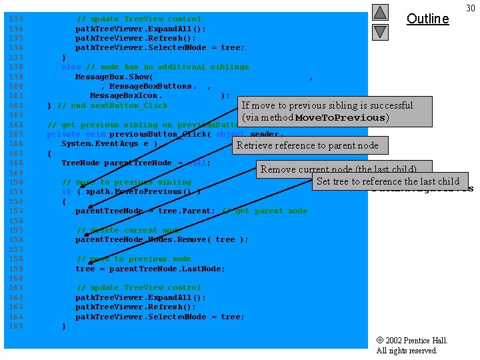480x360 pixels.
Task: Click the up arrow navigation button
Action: point(379,12)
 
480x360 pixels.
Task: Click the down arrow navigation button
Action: point(379,31)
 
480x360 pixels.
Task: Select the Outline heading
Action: point(427,19)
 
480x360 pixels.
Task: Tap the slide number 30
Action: point(470,8)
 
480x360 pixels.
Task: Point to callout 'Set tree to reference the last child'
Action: point(389,181)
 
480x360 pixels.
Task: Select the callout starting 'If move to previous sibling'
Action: point(327,111)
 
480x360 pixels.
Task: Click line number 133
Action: point(15,19)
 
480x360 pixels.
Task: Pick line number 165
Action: point(15,326)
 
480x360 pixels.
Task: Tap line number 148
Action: point(15,163)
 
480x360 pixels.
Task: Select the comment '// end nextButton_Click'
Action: point(113,105)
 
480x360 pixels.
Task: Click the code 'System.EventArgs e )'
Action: point(109,143)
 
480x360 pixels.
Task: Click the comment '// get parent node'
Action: point(263,211)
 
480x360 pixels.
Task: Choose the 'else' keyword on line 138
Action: point(71,67)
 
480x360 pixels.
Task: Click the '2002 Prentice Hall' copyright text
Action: point(411,341)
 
